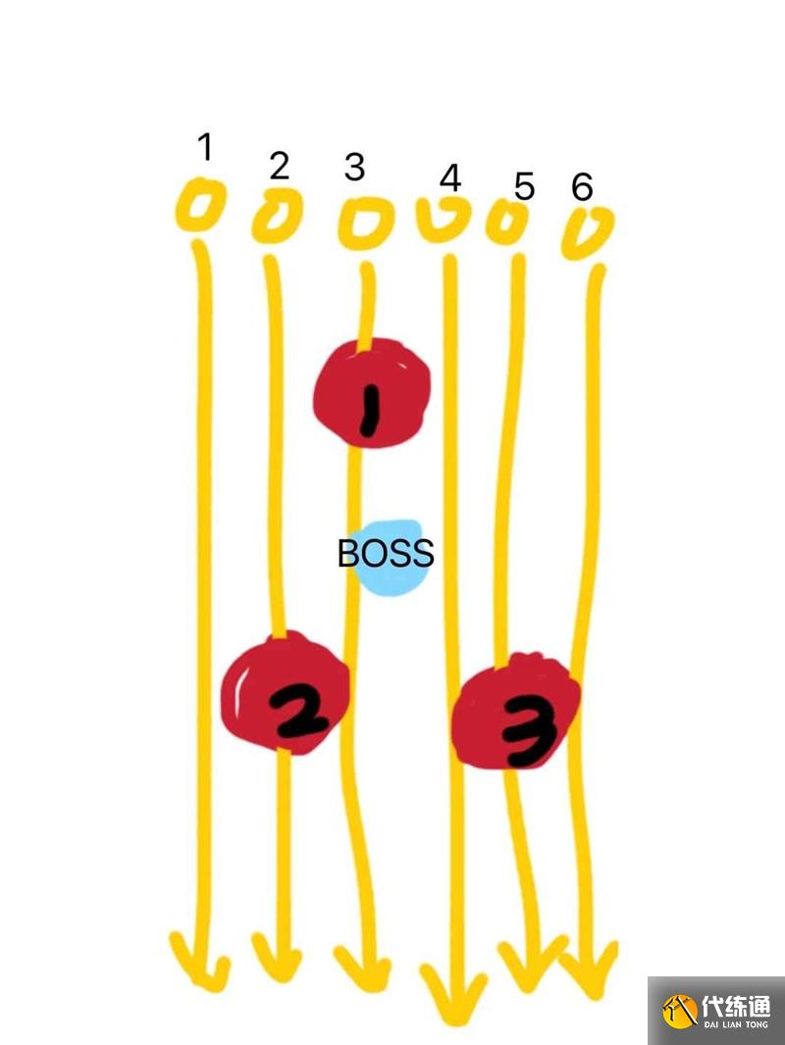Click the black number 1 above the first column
point(205,147)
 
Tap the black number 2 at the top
point(280,167)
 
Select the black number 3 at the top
point(354,168)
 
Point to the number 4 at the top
point(450,179)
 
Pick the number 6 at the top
point(583,186)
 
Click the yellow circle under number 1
point(200,207)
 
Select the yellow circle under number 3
point(365,223)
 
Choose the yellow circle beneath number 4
point(443,220)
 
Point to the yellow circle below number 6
point(587,233)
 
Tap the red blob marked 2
point(286,694)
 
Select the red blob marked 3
point(515,714)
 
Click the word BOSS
point(386,554)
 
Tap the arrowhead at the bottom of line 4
point(453,990)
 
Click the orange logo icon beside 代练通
point(680,1011)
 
